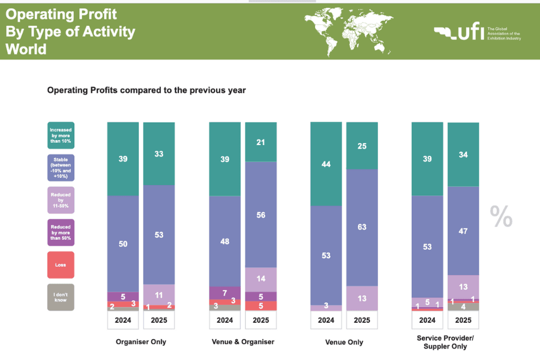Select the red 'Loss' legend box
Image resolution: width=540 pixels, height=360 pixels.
pos(61,265)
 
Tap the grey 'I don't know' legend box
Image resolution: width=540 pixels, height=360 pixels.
pos(61,297)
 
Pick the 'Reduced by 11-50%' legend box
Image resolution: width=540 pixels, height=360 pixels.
pos(61,200)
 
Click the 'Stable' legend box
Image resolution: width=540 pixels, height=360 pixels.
pos(61,168)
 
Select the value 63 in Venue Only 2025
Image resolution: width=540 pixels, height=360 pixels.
pos(362,227)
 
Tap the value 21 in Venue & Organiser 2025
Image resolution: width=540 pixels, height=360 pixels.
pos(260,142)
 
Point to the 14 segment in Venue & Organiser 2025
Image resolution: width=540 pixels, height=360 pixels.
pos(260,279)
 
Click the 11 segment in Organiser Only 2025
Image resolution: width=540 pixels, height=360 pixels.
pos(159,294)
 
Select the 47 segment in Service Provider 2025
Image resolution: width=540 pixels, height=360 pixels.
pos(463,231)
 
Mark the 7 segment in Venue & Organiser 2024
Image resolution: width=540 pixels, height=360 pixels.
pos(224,293)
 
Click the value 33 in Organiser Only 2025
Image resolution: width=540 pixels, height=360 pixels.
pos(159,154)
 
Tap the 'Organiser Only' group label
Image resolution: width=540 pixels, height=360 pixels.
pos(141,341)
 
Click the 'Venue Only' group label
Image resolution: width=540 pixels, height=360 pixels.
pos(344,342)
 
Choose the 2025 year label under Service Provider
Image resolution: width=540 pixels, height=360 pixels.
pos(463,320)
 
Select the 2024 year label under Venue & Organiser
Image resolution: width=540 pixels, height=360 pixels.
pos(224,320)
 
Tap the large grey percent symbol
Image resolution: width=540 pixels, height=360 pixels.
pos(501,217)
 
